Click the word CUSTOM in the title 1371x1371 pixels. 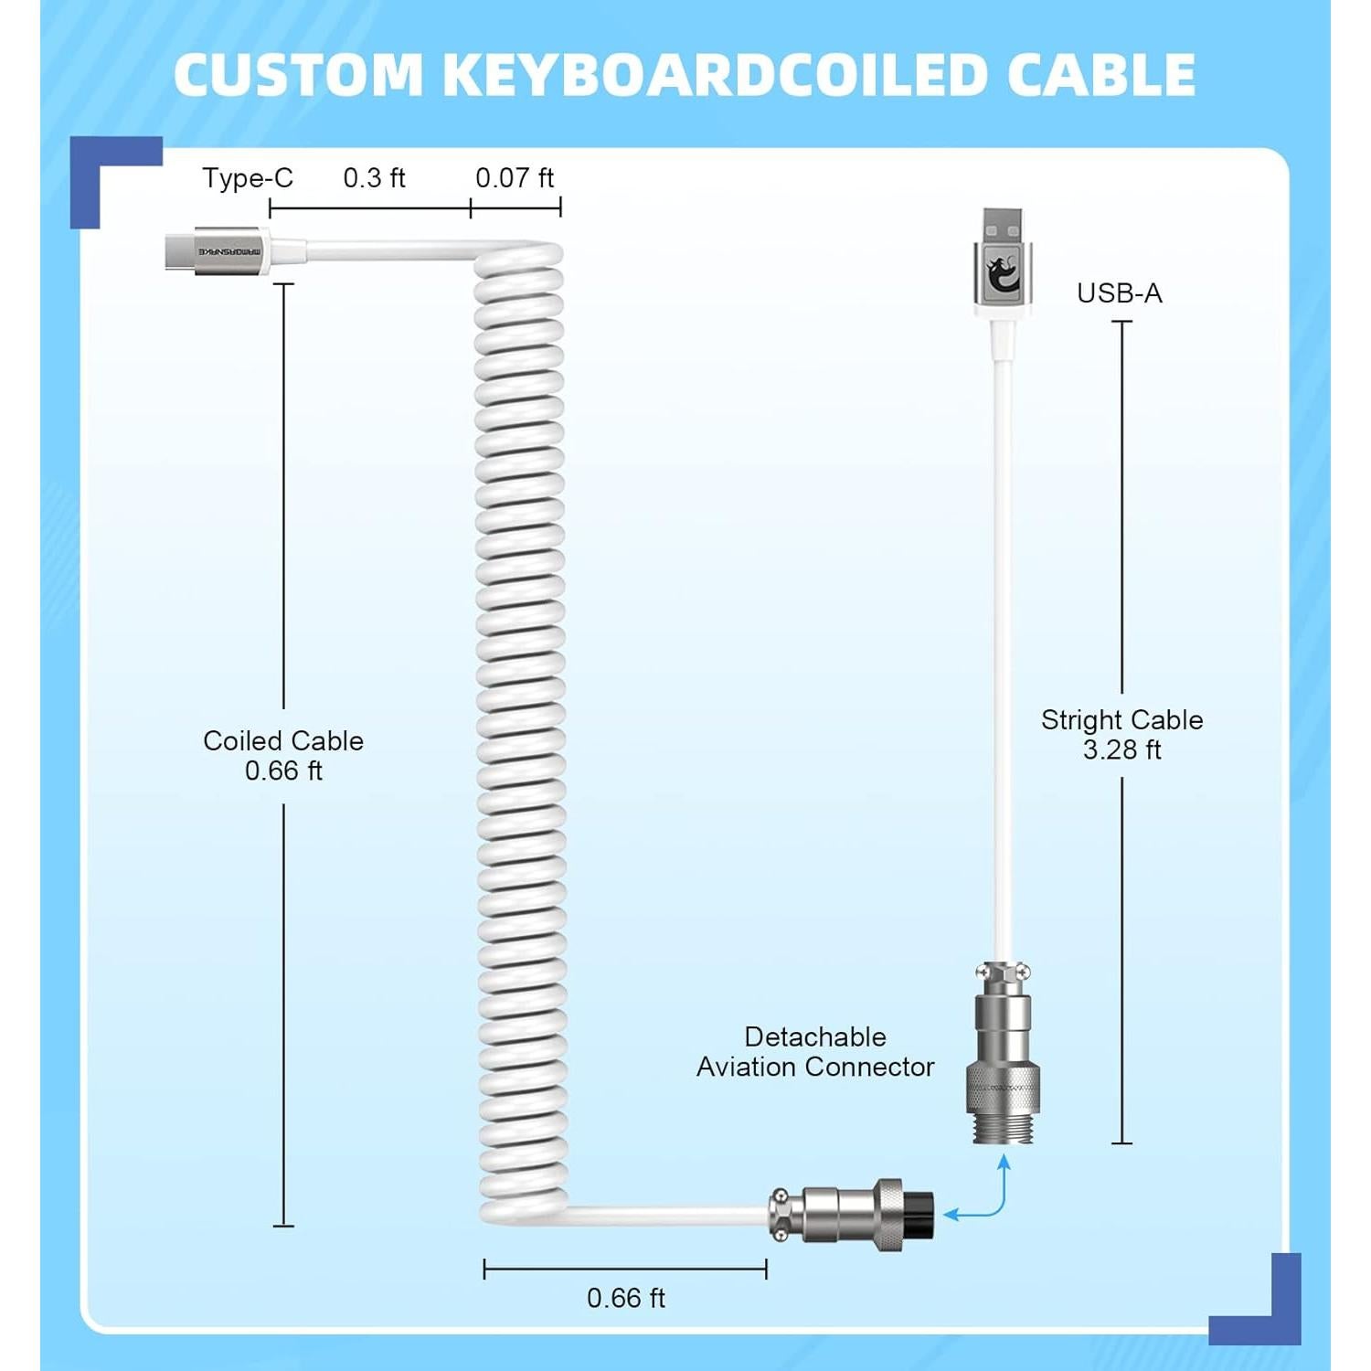point(298,75)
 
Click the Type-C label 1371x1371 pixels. point(248,178)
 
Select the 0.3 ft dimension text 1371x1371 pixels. point(374,178)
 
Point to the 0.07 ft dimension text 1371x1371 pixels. point(515,178)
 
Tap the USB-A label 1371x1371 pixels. point(1119,293)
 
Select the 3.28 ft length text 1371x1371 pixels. point(1121,750)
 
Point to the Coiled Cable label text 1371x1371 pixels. point(283,741)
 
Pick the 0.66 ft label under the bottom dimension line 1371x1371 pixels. point(625,1298)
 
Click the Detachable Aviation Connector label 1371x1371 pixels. point(814,1052)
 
